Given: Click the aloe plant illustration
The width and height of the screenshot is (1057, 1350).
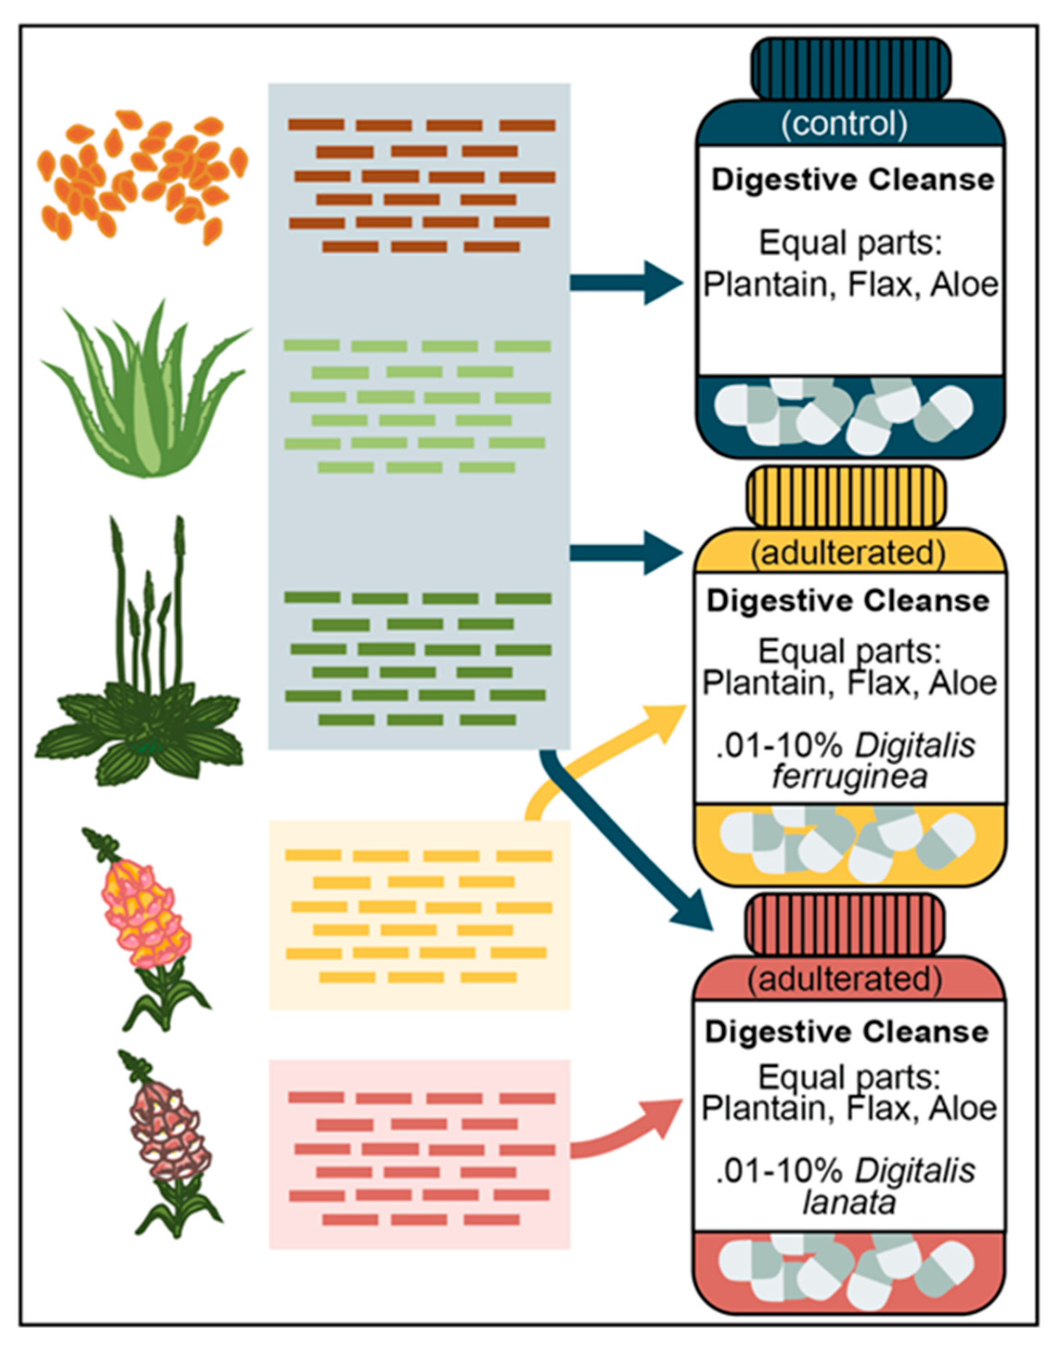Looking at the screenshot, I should (x=145, y=396).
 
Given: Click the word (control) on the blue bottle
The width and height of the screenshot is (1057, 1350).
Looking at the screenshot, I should (x=845, y=124).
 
